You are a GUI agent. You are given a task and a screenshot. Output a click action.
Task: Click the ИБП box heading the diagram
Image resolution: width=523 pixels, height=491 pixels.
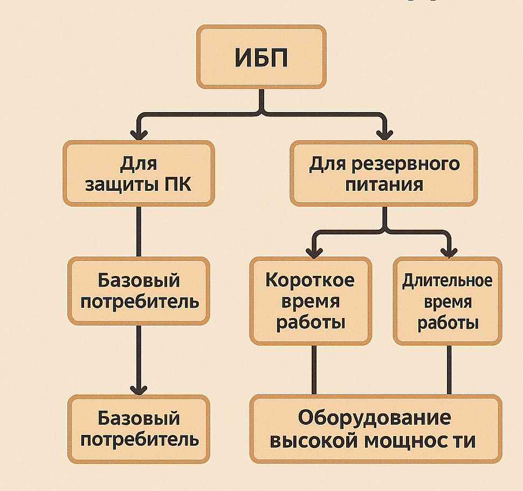coord(261,57)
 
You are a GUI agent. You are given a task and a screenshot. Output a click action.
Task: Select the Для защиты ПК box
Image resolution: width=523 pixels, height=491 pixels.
coord(139,173)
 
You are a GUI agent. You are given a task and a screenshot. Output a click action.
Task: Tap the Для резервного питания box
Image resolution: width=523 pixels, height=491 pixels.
coord(384,173)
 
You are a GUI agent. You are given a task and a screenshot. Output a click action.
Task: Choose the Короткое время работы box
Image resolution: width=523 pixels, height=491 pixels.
coord(311,301)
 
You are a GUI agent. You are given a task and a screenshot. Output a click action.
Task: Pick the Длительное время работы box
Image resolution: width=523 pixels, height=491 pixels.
coord(448,301)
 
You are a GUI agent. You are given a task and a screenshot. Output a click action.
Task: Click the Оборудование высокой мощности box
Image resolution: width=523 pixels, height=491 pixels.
coord(375,429)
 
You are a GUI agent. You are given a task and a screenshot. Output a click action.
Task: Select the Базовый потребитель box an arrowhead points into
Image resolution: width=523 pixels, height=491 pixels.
coord(139,429)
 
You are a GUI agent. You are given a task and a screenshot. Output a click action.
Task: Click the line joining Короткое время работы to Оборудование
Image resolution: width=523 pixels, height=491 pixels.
coord(313,370)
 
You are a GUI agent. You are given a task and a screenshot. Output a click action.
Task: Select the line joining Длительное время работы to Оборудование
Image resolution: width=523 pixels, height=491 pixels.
coord(449,370)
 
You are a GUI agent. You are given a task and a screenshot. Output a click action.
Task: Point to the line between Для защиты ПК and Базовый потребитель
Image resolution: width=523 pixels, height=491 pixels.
coord(139,232)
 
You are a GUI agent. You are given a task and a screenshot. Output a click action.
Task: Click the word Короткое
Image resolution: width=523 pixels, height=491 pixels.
coord(311,280)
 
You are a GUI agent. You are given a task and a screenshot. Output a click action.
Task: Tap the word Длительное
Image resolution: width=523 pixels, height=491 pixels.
coord(448,281)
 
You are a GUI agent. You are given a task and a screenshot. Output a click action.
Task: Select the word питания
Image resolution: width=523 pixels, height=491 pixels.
coord(384,185)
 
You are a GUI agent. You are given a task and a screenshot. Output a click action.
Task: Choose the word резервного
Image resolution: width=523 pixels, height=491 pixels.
coord(408,163)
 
